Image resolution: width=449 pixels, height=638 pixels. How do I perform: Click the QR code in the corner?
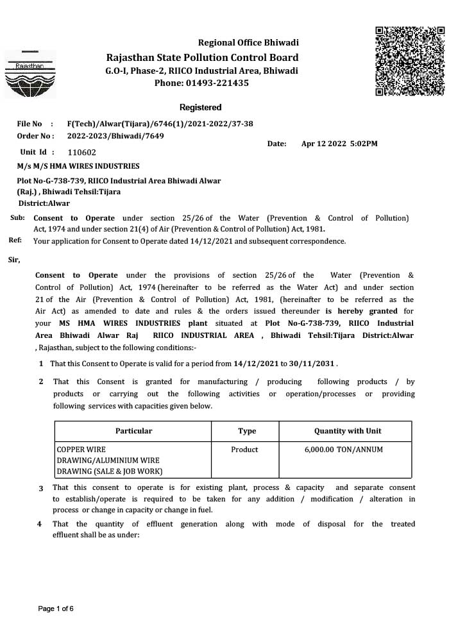coord(409,62)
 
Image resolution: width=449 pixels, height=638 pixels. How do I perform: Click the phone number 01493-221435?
coord(217,83)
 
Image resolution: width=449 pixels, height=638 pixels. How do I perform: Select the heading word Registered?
coord(201,107)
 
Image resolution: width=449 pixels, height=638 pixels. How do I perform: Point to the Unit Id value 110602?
coord(81,153)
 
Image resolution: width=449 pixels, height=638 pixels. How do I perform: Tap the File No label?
coord(30,124)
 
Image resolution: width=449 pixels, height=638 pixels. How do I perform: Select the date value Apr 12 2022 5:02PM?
coord(339,144)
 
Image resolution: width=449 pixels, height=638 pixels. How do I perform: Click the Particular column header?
coord(133,431)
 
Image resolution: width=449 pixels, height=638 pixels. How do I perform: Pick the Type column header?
coord(247,431)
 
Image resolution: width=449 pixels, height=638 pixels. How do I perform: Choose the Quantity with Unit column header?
coord(348,431)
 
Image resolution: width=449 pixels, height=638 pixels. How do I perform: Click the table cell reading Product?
coord(244,449)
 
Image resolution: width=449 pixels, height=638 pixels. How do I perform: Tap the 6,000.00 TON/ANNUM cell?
coord(344,449)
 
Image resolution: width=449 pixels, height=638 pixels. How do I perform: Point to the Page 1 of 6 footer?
coord(56,609)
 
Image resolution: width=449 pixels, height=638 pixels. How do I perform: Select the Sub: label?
coord(17,218)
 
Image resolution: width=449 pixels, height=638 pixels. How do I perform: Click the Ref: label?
coord(16,240)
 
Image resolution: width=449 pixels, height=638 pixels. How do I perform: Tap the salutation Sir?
coord(14,260)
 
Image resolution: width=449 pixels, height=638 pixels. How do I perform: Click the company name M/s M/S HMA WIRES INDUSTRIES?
coord(78,166)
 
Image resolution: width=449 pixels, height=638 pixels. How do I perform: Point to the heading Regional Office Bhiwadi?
coord(248,43)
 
